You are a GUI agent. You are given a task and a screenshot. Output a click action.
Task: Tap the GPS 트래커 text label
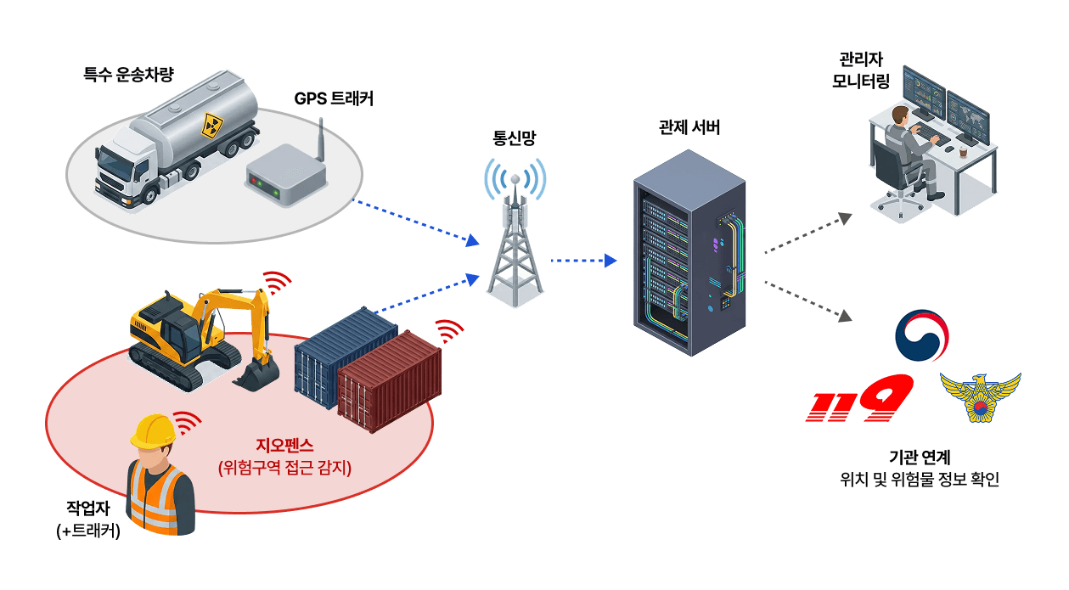tap(334, 98)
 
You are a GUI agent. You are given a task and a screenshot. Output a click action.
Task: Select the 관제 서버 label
tap(689, 128)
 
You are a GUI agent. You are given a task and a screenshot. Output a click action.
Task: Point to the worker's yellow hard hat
tap(153, 430)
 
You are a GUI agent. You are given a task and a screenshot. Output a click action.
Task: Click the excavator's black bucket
tap(256, 374)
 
